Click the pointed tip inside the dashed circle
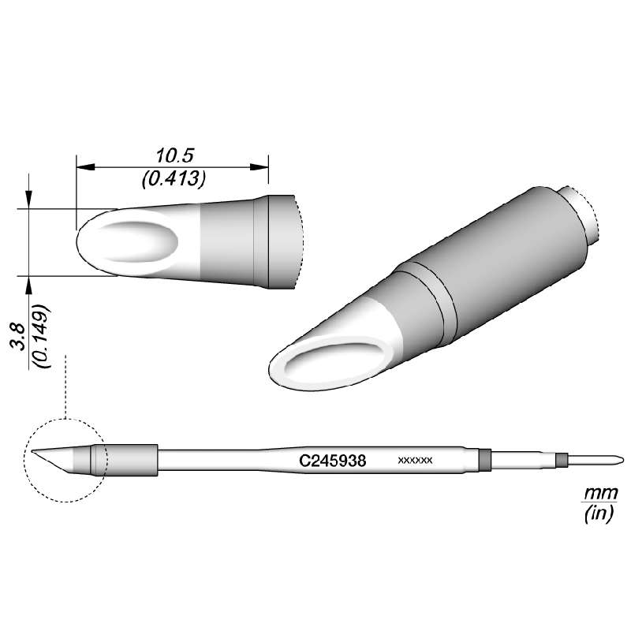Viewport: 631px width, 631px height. click(36, 452)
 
